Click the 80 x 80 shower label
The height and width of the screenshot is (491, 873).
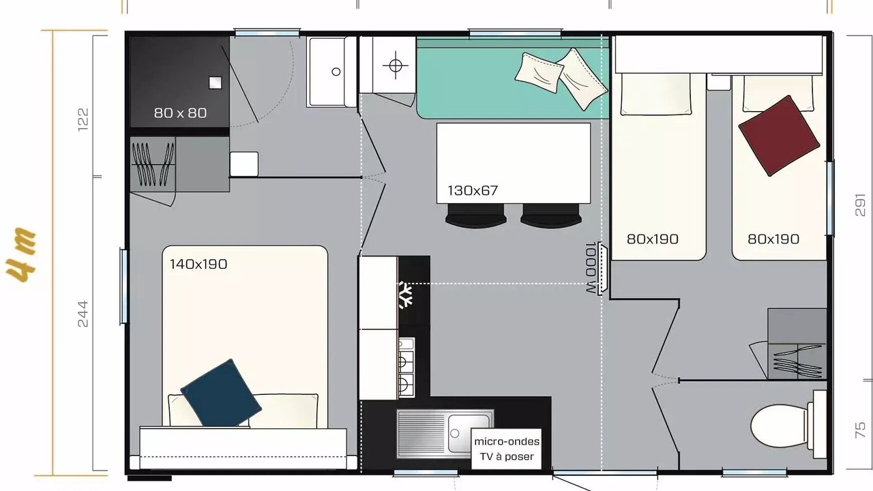pos(180,113)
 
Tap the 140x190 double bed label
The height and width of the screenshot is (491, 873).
pos(198,264)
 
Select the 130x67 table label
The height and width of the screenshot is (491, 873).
pos(473,190)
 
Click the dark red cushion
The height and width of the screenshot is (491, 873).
pos(779,136)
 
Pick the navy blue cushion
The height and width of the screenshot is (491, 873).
pos(221,393)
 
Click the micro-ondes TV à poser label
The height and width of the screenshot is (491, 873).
pos(507,449)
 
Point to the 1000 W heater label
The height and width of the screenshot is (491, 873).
pos(591,268)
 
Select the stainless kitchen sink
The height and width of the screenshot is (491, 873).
pos(445,434)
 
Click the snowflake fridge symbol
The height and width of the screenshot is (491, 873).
pos(406,295)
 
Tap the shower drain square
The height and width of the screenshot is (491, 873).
pos(215,83)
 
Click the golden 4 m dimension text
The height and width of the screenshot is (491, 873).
pos(21,254)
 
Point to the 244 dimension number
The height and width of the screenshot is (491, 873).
pos(83,314)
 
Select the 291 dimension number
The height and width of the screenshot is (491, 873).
pos(860,205)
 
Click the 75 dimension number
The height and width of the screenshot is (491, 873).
pos(860,430)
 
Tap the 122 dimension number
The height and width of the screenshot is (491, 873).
pos(83,119)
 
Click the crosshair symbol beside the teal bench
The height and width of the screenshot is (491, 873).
pos(395,65)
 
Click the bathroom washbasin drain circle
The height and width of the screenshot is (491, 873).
pos(336,72)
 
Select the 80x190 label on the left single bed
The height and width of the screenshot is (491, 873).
pos(653,239)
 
